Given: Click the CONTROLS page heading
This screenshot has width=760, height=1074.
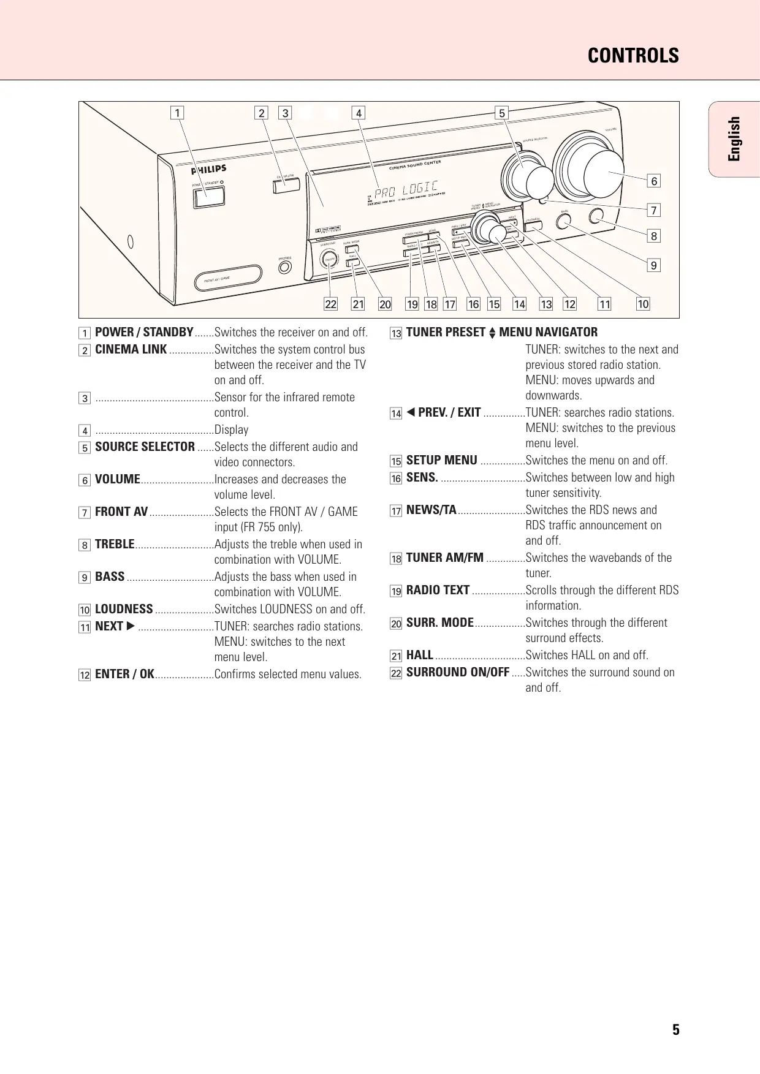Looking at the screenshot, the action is [x=633, y=56].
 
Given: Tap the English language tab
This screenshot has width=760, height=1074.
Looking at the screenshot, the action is [x=734, y=139].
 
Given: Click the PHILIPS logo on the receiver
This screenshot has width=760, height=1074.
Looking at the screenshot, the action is [x=208, y=170].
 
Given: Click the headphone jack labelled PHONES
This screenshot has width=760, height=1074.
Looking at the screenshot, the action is [x=284, y=267].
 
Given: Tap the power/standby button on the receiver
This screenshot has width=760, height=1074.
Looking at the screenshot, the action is [x=209, y=197].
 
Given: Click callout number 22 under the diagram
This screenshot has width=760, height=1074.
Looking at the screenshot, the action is [x=331, y=304].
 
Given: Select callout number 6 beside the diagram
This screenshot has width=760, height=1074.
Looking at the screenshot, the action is [x=654, y=181].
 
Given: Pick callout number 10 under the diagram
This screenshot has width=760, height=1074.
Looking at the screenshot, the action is [x=643, y=304].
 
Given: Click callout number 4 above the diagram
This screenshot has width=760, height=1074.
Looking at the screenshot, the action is [x=359, y=113].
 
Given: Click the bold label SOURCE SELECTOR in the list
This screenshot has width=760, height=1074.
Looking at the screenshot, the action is [x=145, y=447].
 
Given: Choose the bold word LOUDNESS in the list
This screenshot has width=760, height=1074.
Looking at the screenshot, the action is [x=124, y=609].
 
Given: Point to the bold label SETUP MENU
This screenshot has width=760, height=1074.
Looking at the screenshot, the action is [x=441, y=461].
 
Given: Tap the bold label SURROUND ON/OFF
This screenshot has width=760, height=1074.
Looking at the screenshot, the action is [x=457, y=672].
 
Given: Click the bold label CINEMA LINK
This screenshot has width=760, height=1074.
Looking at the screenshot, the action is [x=131, y=349].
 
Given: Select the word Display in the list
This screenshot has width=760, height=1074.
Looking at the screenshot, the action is [x=231, y=430].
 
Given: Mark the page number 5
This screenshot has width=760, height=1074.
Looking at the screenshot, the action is [x=675, y=1030].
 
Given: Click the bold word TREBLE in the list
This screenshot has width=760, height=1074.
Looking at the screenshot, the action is [x=115, y=544].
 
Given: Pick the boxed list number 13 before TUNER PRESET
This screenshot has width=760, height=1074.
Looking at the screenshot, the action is [x=396, y=333].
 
